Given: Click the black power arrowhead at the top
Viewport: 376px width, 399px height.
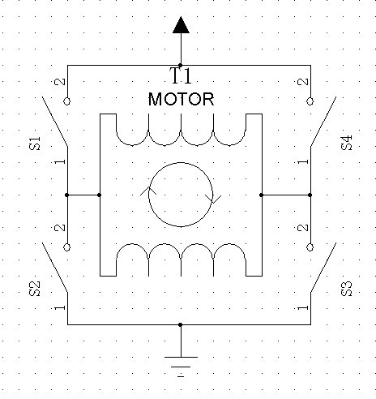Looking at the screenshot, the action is [181, 25].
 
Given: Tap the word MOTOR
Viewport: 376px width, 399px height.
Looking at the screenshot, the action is [182, 99].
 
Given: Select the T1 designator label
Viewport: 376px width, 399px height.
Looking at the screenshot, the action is [181, 75].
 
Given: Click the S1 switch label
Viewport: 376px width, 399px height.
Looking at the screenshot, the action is [35, 144].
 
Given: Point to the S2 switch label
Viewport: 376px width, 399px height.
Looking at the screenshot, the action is [35, 289].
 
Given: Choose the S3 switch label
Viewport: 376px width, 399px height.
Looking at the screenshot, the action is [347, 289].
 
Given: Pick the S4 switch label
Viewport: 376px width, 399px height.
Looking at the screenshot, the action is [347, 143].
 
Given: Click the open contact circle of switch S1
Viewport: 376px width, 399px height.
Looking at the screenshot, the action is [67, 101].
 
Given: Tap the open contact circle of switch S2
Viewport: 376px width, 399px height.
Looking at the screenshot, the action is [67, 247].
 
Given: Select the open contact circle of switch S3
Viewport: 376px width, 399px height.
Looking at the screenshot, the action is [310, 247].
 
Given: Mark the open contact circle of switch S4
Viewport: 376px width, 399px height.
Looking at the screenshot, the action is [310, 101].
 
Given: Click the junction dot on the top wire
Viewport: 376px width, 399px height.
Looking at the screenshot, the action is [181, 65].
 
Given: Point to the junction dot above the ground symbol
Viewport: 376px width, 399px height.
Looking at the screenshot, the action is [181, 324].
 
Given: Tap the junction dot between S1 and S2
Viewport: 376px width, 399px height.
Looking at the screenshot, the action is [67, 195].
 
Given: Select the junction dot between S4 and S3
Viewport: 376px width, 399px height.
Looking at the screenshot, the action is [310, 195].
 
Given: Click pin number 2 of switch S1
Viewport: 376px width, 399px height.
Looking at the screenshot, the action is [60, 82].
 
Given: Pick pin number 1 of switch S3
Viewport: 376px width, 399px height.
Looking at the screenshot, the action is [303, 307].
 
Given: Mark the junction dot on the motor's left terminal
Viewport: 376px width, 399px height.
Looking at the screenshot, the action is [99, 195].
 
